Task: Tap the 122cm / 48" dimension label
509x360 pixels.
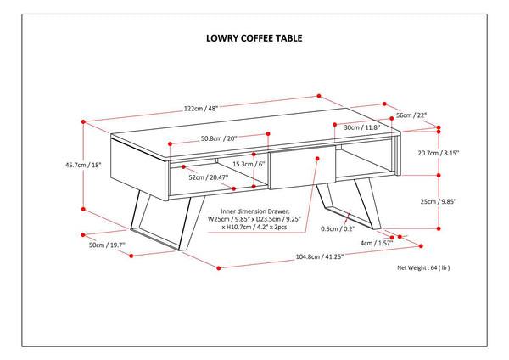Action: [x=200, y=109]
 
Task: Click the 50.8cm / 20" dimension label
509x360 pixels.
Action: [x=218, y=139]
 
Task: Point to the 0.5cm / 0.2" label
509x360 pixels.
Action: [x=338, y=228]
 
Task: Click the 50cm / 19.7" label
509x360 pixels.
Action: [x=107, y=245]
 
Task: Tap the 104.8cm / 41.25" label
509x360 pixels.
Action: [x=315, y=257]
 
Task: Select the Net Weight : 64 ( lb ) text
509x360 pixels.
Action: [x=423, y=267]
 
